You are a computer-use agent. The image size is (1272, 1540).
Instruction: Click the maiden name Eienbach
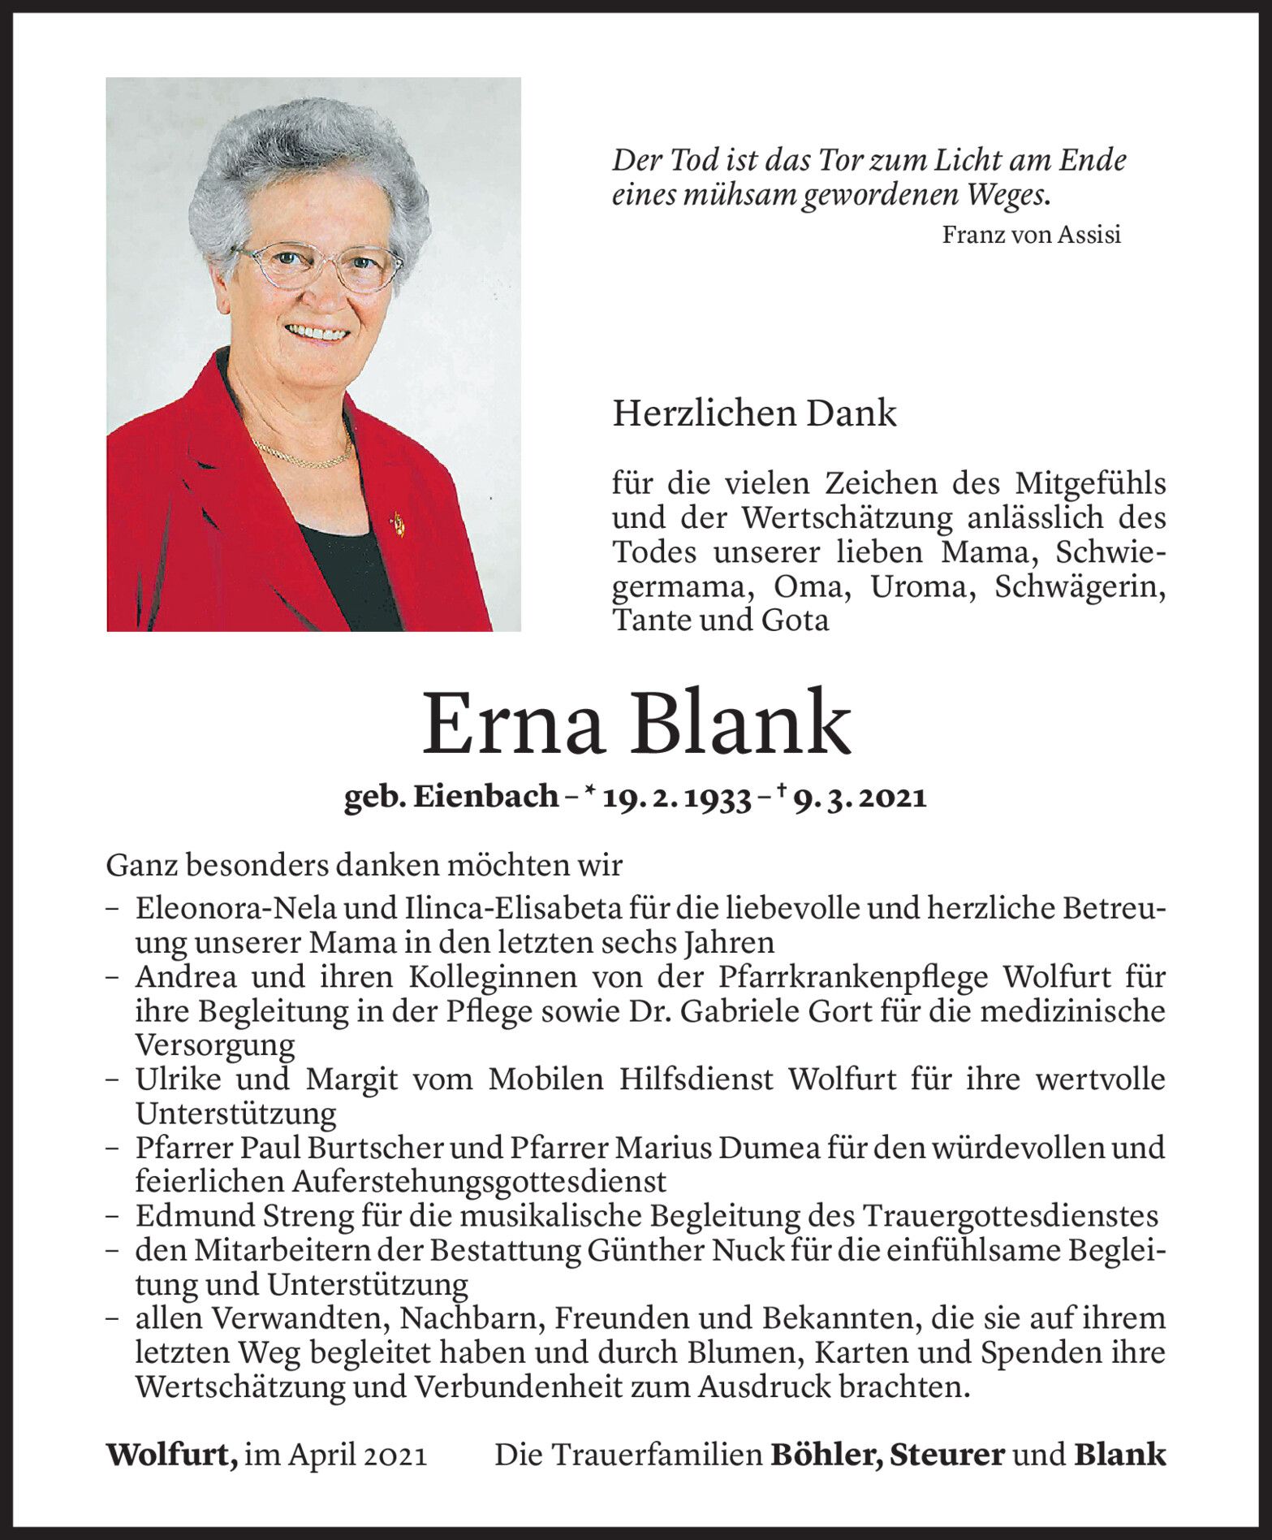tap(485, 799)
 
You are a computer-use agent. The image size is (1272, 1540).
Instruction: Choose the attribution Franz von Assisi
tap(1031, 236)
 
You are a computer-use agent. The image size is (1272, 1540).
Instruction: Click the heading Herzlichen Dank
tap(754, 414)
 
